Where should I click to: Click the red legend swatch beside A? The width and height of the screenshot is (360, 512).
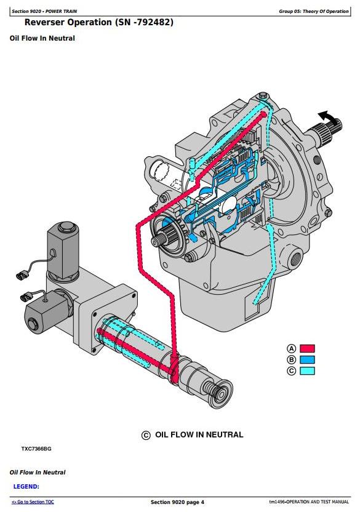point(307,348)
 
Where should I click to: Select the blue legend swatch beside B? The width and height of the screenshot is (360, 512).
point(307,359)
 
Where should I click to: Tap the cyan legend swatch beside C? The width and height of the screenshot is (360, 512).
point(307,370)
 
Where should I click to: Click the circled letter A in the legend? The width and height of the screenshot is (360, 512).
point(292,348)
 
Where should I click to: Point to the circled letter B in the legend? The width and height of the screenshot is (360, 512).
point(292,359)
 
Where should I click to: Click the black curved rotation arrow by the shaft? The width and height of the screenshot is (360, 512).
point(327,117)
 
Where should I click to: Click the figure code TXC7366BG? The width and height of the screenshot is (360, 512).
point(36,449)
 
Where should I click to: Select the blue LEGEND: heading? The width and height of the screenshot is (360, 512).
point(26,487)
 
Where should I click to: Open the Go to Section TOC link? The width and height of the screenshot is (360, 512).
point(33,502)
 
